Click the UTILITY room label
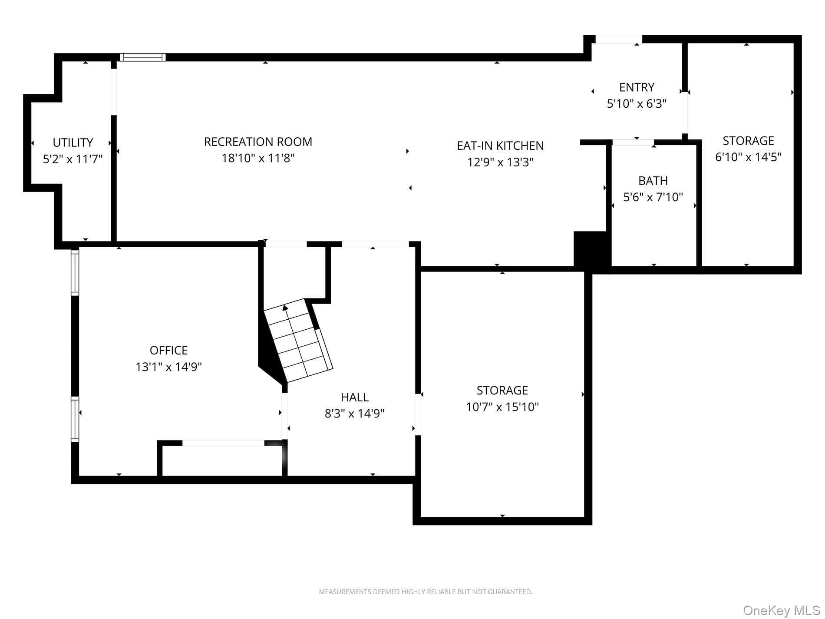point(73,142)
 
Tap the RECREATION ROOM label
point(258,142)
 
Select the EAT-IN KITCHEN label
point(500,146)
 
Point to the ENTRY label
point(637,87)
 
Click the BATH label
point(653,181)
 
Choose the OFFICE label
point(168,350)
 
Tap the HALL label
point(354,397)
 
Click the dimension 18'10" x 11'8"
point(258,158)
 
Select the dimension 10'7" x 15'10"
point(502,407)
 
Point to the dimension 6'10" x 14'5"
point(748,157)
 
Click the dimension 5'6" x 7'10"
point(653,197)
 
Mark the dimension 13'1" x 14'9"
point(168,367)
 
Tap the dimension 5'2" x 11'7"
point(73,159)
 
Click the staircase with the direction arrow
point(298,341)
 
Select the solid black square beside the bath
point(592,251)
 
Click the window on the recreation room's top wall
point(143,57)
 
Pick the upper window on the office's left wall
point(75,272)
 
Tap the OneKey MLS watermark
point(781,610)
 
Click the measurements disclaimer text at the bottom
point(426,592)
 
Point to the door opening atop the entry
point(619,39)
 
